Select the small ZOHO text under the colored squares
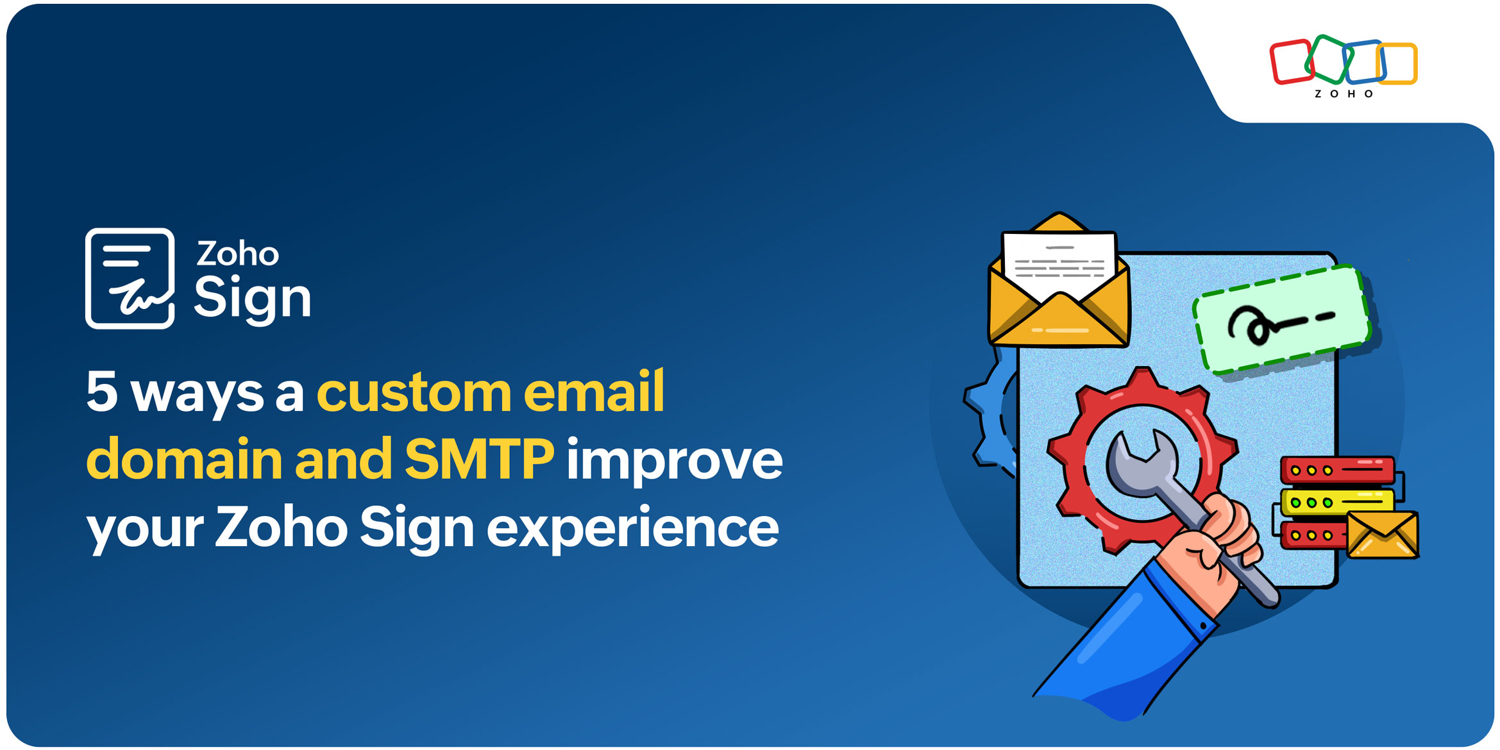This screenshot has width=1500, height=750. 1344,94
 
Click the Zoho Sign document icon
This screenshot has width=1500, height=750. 130,278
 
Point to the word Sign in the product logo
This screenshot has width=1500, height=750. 252,297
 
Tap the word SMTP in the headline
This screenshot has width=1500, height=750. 479,459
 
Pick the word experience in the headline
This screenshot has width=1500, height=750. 632,528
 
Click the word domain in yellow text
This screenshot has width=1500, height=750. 184,459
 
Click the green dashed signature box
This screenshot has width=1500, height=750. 1281,319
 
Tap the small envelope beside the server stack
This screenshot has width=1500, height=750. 1383,535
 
